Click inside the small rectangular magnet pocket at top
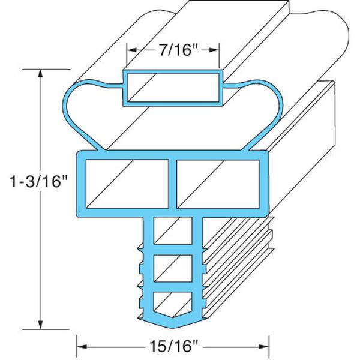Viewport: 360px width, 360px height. [172, 88]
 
